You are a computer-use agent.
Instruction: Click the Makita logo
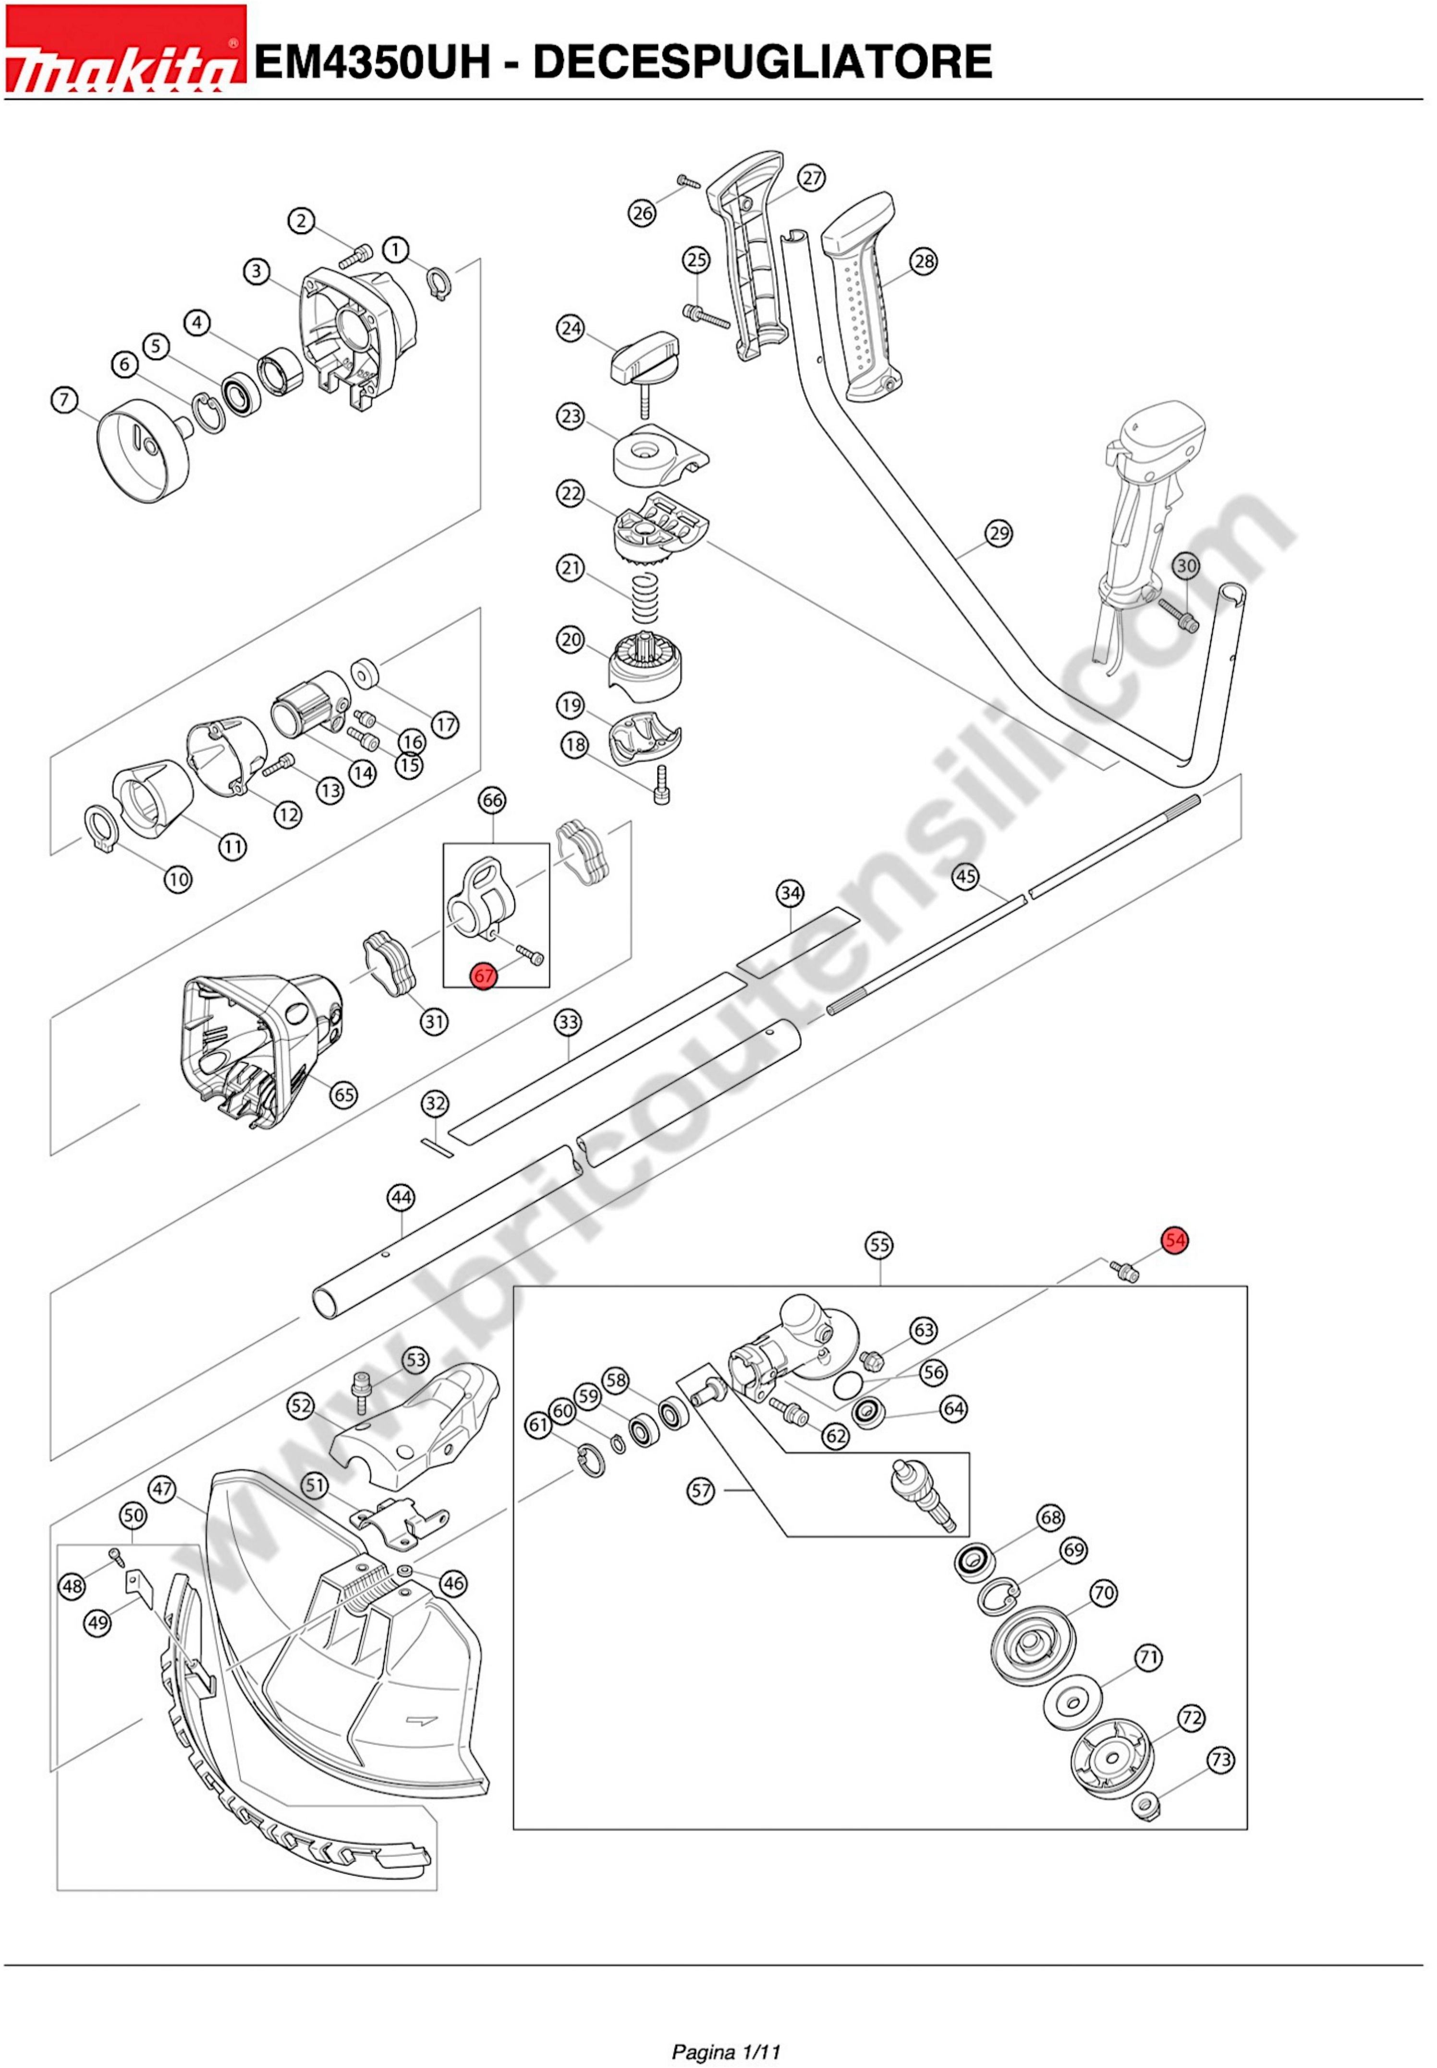pos(124,50)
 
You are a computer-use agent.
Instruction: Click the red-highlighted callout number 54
pos(1174,1241)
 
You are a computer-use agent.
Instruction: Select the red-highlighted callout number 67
pos(485,975)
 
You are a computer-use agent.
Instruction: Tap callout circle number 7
pos(64,400)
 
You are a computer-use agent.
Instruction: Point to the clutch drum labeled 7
pos(144,450)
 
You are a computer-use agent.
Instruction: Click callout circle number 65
pos(344,1095)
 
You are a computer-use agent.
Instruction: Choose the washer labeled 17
pos(365,671)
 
